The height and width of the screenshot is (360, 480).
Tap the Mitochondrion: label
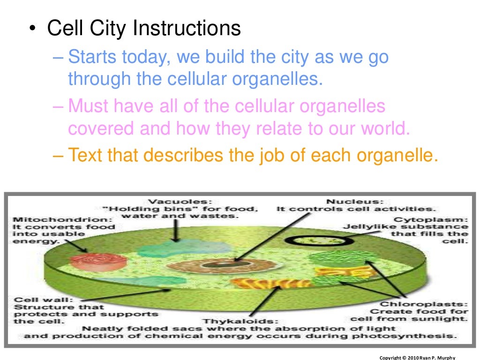(x=63, y=218)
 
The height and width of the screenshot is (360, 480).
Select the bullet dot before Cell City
(x=31, y=29)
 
